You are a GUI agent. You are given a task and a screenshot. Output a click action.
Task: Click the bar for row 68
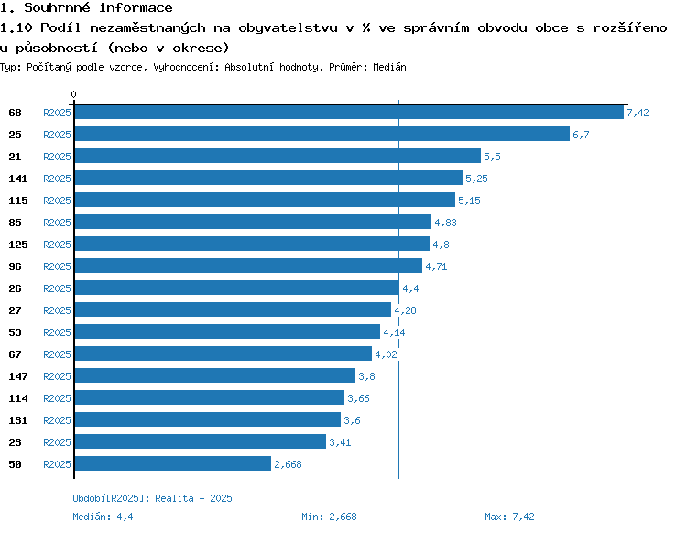pyautogui.click(x=349, y=112)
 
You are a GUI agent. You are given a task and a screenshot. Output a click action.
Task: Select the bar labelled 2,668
pyautogui.click(x=173, y=463)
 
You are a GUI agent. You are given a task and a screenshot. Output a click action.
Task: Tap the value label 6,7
pyautogui.click(x=581, y=135)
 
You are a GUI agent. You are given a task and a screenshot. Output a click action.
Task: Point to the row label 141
pyautogui.click(x=18, y=179)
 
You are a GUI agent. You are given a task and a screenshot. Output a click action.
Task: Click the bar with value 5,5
pyautogui.click(x=278, y=156)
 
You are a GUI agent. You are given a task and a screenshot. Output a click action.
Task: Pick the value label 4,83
pyautogui.click(x=445, y=223)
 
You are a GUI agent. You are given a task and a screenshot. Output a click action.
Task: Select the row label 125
pyautogui.click(x=18, y=245)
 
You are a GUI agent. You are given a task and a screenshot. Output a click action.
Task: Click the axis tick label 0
pyautogui.click(x=73, y=94)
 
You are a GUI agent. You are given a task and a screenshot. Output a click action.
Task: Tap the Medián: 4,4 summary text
pyautogui.click(x=103, y=517)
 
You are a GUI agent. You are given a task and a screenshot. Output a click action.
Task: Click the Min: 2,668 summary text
pyautogui.click(x=329, y=517)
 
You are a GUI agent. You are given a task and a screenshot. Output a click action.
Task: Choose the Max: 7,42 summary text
pyautogui.click(x=509, y=517)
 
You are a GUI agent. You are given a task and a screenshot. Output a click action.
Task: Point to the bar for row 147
pyautogui.click(x=215, y=375)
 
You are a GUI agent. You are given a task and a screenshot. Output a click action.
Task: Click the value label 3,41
pyautogui.click(x=340, y=442)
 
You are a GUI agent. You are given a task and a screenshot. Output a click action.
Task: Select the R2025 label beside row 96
pyautogui.click(x=57, y=266)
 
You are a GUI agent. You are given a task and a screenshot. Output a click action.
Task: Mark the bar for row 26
pyautogui.click(x=237, y=288)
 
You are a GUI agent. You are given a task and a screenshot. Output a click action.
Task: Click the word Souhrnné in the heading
pyautogui.click(x=57, y=7)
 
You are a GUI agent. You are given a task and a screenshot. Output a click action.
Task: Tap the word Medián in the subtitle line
pyautogui.click(x=389, y=67)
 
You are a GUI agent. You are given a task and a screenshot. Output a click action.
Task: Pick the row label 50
pyautogui.click(x=15, y=464)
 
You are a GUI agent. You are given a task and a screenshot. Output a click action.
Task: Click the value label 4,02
pyautogui.click(x=386, y=354)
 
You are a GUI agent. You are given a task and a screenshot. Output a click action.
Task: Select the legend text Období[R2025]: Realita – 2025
pyautogui.click(x=152, y=498)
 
